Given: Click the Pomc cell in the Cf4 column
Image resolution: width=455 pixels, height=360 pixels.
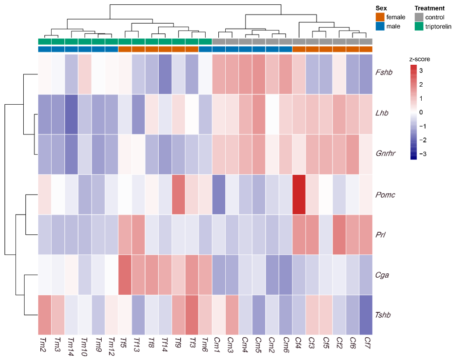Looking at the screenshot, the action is [x=299, y=194].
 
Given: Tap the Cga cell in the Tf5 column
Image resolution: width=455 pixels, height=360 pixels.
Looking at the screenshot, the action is [x=125, y=275].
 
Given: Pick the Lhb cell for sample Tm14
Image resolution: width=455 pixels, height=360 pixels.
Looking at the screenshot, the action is [x=71, y=114].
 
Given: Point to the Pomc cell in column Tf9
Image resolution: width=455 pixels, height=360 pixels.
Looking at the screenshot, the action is [x=178, y=194].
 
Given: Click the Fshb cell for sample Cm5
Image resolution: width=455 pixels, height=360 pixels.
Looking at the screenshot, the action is [x=259, y=74].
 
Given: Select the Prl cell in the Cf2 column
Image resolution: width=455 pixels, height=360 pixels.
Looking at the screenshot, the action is [x=339, y=235].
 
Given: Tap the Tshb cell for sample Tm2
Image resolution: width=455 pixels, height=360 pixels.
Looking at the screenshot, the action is [x=45, y=315].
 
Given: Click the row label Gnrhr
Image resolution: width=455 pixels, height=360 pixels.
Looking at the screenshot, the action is [x=385, y=153].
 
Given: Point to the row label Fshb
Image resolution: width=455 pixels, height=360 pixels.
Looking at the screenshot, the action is [x=384, y=72].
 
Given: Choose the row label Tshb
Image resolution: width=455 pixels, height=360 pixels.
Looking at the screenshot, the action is [x=383, y=315].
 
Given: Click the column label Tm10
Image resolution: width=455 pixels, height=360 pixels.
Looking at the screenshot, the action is [x=85, y=347].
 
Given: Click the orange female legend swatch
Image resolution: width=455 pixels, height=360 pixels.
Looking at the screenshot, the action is [x=380, y=17].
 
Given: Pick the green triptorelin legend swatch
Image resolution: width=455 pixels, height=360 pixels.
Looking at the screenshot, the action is [x=419, y=26].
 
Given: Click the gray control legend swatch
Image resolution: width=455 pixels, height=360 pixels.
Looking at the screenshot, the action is [x=419, y=17].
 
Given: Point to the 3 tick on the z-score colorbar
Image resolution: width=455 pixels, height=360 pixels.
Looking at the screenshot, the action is [x=421, y=71].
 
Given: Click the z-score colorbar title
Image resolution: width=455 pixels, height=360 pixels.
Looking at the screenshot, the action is [x=419, y=59].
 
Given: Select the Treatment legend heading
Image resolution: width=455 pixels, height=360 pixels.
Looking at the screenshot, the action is [x=430, y=8].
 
